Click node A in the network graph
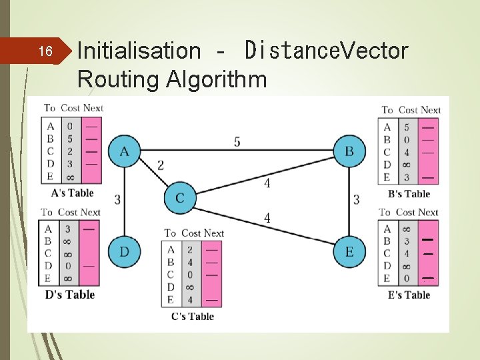125,152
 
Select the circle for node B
349,152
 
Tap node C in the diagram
180,198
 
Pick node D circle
125,251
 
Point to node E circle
349,251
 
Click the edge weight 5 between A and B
237,141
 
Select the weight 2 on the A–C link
161,165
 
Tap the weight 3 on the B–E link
356,199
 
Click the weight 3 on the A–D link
117,199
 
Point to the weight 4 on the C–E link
267,218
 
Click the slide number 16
45,51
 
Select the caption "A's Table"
72,193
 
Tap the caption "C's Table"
192,316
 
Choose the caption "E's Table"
409,295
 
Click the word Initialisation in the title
139,50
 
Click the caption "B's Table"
409,194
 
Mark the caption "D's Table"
69,295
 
